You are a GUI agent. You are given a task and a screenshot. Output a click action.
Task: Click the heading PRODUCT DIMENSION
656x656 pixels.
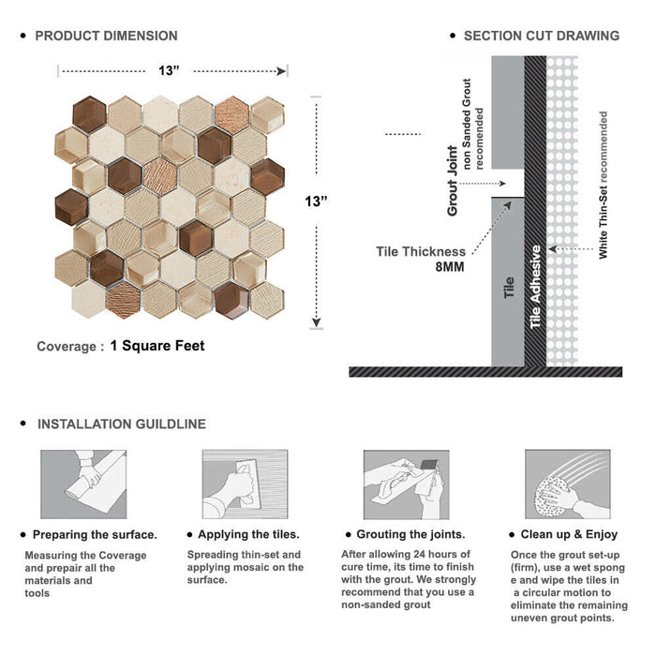point(106,36)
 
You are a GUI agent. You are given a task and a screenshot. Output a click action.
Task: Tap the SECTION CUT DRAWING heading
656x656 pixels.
point(542,36)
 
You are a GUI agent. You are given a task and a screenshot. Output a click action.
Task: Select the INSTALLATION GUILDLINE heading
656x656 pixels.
point(122,425)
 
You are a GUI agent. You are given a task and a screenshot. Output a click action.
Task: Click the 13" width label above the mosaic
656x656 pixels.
point(169,70)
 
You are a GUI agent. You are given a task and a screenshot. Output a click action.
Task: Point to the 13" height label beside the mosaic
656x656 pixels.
point(316,201)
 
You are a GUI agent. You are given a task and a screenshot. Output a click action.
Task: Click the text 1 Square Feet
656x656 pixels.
point(157,346)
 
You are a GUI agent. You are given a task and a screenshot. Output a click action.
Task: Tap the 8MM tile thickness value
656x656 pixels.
point(450,267)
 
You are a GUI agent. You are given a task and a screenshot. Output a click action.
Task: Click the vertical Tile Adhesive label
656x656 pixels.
point(535,287)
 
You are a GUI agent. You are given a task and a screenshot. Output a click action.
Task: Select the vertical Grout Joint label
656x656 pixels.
point(453,181)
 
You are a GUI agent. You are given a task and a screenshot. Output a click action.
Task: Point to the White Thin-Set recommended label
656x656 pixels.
point(603,185)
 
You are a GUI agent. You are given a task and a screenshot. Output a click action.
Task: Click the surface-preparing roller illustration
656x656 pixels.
point(83,485)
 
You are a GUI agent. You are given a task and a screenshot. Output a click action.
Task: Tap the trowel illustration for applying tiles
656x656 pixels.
point(246,485)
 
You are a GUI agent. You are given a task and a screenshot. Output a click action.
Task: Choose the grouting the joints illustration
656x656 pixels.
point(406,485)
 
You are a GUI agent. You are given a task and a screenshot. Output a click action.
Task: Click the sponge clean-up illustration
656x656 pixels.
point(568,485)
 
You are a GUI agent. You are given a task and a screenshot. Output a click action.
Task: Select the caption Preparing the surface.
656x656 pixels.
point(95,535)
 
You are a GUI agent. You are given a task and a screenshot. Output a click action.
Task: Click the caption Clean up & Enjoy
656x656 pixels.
point(569,534)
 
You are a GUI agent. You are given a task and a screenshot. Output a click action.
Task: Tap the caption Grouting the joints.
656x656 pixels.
point(410,534)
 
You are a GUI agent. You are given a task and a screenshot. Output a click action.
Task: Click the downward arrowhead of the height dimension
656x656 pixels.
point(317,322)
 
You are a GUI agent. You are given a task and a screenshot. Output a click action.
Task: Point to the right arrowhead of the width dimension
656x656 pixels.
point(281,71)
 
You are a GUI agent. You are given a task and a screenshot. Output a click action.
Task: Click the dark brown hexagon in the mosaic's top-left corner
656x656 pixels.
point(89,114)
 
